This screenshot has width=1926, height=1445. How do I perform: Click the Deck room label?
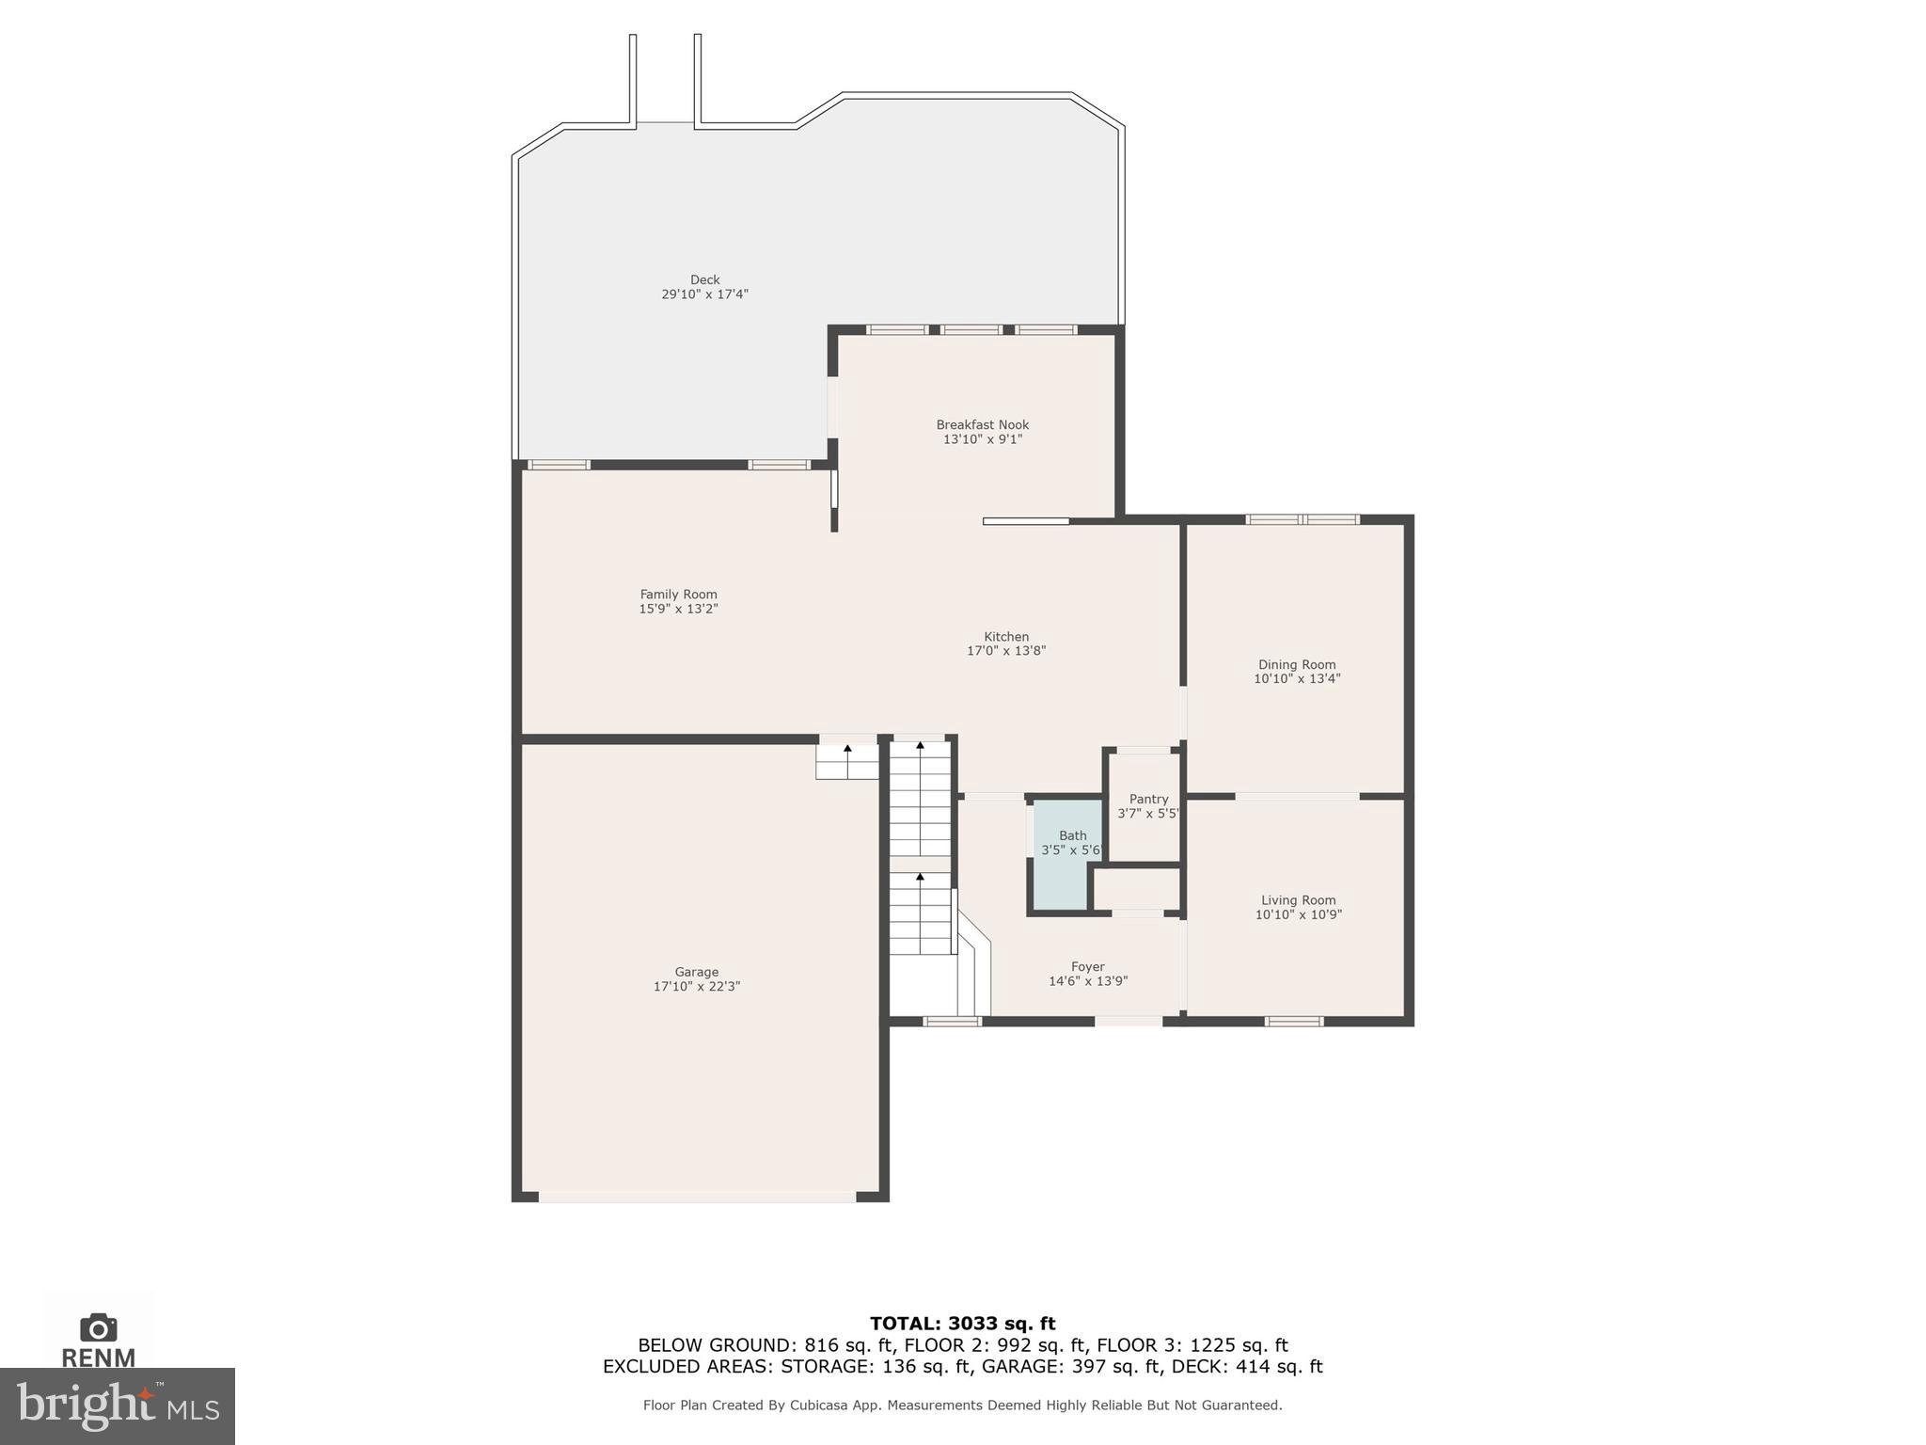pos(704,279)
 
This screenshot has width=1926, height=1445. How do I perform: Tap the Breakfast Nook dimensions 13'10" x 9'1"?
pos(982,439)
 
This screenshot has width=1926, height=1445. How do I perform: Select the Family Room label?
pos(678,595)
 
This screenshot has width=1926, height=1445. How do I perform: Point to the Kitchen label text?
pos(1006,637)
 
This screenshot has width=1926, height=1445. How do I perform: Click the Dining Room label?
pos(1297,664)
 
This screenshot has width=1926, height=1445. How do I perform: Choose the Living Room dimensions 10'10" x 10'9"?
pos(1298,914)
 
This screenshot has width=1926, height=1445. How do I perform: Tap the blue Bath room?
pos(1067,875)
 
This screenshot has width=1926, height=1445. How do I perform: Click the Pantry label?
pos(1148,799)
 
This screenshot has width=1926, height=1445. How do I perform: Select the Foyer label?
pos(1087,966)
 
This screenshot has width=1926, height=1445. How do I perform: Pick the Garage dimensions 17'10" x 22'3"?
pos(697,987)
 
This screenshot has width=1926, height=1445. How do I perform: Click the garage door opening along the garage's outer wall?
pos(697,1197)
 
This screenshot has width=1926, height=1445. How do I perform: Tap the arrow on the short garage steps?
pos(847,749)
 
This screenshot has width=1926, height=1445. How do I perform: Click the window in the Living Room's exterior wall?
pos(1294,1021)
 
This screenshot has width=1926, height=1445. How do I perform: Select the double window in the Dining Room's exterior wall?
pos(1302,519)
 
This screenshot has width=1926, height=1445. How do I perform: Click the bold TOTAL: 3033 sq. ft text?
pos(962,1324)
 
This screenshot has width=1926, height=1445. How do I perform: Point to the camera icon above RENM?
pos(99,1327)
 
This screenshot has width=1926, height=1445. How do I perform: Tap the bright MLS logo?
pos(117,1405)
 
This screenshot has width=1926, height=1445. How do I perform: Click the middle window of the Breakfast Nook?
pos(971,329)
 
